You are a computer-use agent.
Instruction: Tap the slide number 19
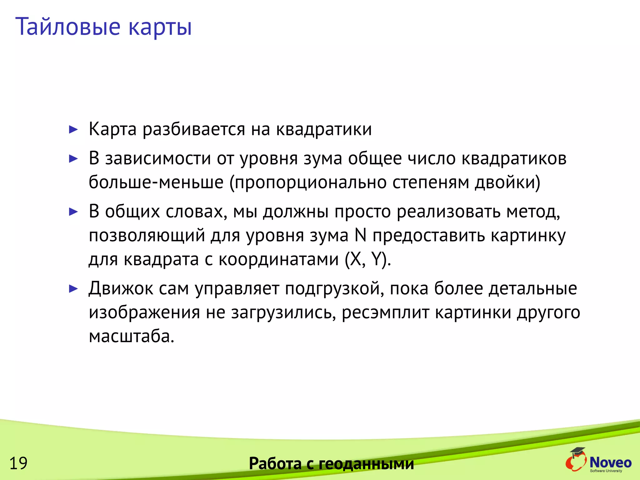(x=18, y=463)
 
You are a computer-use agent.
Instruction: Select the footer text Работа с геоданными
(x=331, y=463)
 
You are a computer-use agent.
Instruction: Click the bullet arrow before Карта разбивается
(x=73, y=129)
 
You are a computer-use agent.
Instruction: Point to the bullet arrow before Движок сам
(x=73, y=288)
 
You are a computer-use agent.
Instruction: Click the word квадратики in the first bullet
(x=324, y=129)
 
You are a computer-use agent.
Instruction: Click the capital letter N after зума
(x=361, y=235)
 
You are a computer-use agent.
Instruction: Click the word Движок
(x=121, y=288)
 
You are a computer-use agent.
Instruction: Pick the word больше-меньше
(x=156, y=182)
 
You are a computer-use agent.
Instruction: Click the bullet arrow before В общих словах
(x=73, y=212)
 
